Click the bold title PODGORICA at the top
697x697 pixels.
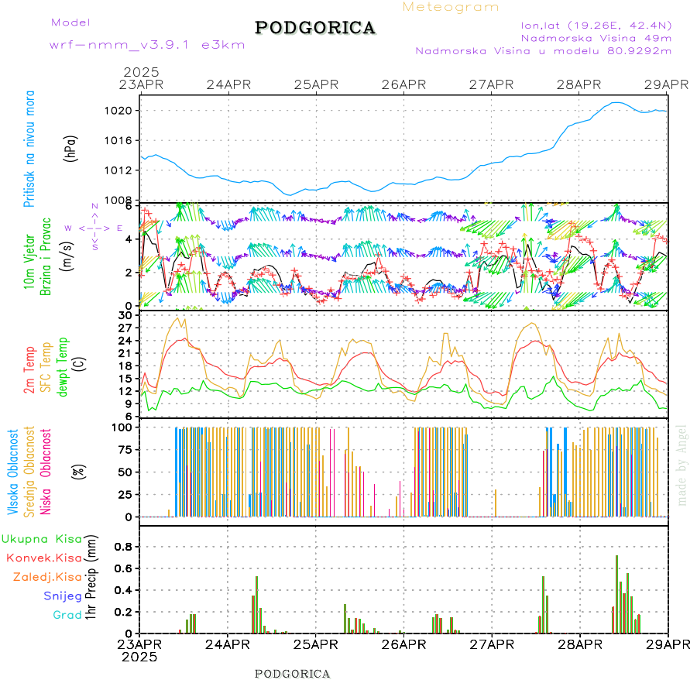pos(315,28)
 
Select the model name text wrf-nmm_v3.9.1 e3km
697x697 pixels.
pos(146,45)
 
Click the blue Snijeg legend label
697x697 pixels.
pos(63,596)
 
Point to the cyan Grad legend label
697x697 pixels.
pos(67,616)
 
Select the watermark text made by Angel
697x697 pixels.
pos(682,465)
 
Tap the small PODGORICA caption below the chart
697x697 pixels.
pos(293,674)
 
